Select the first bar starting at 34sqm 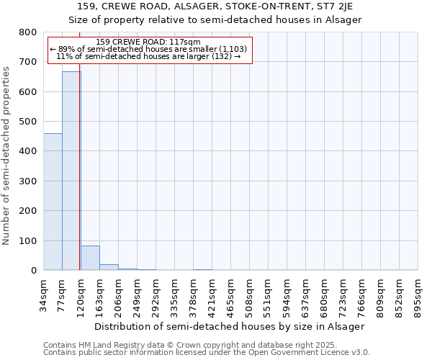pos(53,202)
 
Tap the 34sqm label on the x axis pos(44,294)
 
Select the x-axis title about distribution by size pos(230,326)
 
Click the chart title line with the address pos(215,6)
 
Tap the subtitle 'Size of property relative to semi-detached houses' pos(215,19)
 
